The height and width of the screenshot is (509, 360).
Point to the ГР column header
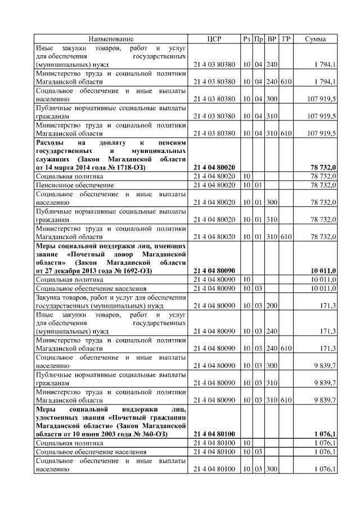[x=286, y=39]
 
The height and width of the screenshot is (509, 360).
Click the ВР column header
[x=272, y=39]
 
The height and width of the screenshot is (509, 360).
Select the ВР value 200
[x=272, y=305]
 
